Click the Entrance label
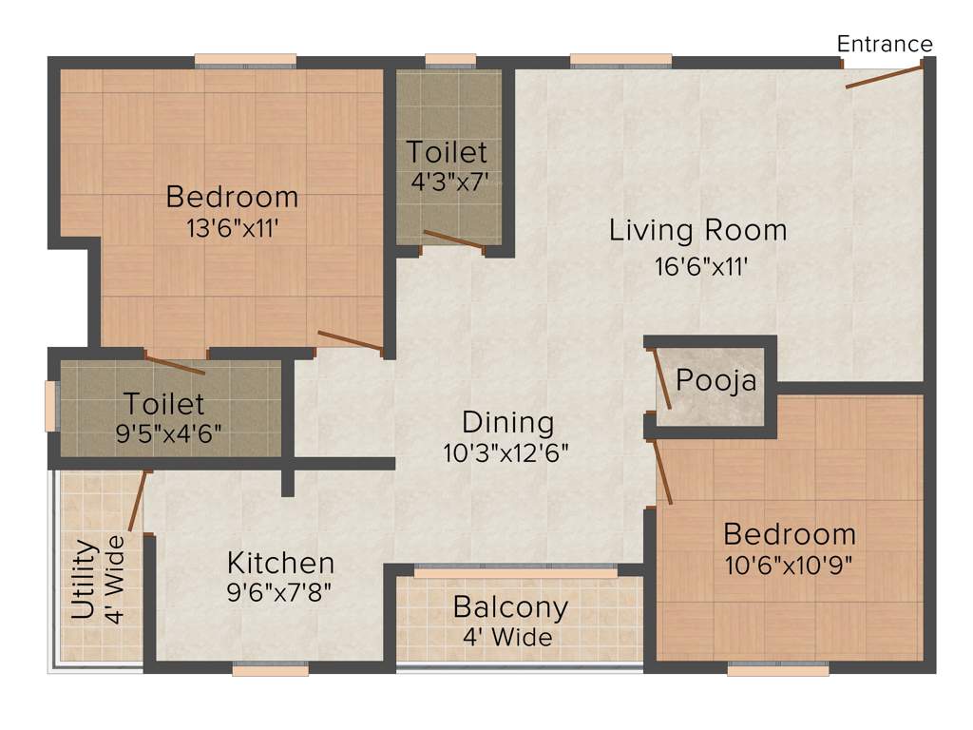tap(885, 44)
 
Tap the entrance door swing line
tap(884, 77)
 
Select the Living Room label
tap(697, 230)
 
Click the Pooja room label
tap(716, 381)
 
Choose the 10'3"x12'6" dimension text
tap(506, 453)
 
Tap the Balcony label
tap(510, 606)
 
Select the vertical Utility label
tap(85, 580)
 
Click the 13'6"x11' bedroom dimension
tap(233, 229)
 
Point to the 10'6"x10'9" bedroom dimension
tap(789, 565)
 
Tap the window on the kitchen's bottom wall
tap(270, 670)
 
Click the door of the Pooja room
tap(661, 379)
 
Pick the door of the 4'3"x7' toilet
tap(454, 240)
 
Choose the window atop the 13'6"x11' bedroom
tap(246, 63)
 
